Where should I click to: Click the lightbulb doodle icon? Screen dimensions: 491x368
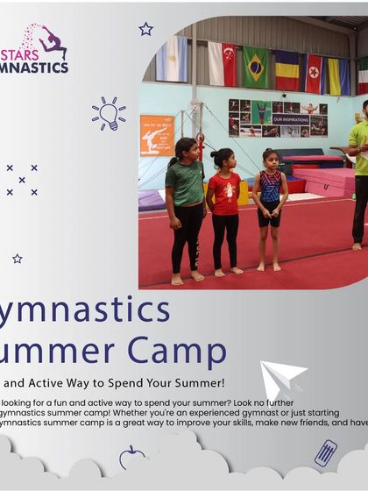(x=109, y=113)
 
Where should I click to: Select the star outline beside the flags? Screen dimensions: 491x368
(x=145, y=29)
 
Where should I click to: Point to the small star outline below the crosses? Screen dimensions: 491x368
(x=18, y=259)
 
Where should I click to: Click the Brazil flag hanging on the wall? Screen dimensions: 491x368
(x=256, y=67)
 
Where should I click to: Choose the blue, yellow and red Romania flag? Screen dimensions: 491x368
(x=287, y=71)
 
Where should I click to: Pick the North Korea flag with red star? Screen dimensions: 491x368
(x=314, y=74)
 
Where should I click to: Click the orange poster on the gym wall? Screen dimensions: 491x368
(x=156, y=134)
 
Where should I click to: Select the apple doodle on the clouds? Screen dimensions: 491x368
(x=131, y=456)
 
